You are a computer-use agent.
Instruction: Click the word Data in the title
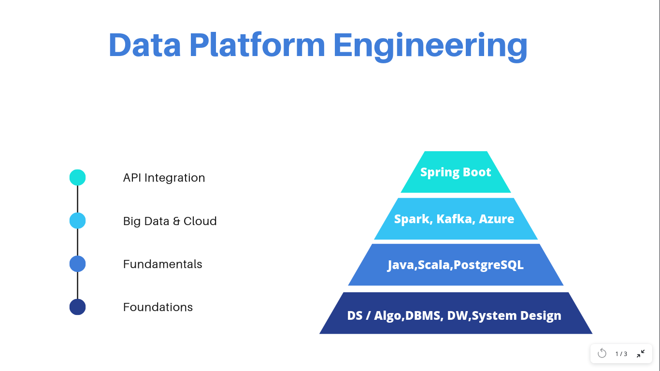[144, 45]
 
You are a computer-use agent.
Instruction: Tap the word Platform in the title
[257, 45]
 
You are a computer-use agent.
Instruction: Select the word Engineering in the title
[430, 45]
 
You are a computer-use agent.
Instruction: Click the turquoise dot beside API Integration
[78, 177]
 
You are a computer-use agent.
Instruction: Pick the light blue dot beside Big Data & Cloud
[78, 221]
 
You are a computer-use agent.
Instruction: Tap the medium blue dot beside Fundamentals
[78, 264]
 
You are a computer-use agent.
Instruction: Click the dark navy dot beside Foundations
[78, 307]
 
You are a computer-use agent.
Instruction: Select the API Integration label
[164, 178]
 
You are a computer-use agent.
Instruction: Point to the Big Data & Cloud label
[170, 221]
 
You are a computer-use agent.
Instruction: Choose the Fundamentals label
[162, 264]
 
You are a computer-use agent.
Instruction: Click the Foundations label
[158, 307]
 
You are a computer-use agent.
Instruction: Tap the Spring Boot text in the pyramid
[456, 172]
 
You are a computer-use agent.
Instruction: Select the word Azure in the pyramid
[496, 219]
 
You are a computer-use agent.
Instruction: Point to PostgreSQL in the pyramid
[488, 265]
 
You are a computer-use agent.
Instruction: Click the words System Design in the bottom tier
[517, 315]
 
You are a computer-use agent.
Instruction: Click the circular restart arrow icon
[602, 353]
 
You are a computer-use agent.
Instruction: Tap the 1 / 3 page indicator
[621, 354]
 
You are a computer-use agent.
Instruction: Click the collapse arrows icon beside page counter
[641, 353]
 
